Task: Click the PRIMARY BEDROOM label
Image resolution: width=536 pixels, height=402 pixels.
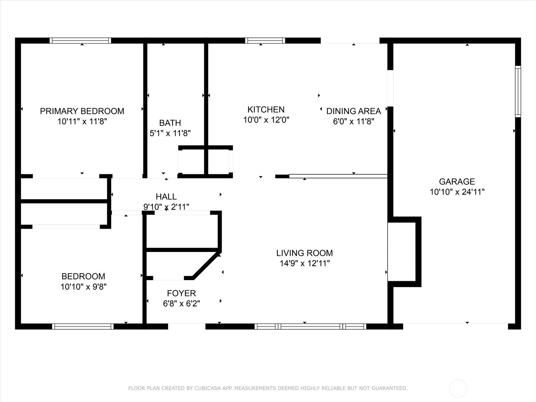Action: coord(82,111)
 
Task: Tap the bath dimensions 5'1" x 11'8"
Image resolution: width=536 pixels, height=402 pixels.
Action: coord(170,133)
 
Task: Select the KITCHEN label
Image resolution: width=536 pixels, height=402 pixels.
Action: coord(266,110)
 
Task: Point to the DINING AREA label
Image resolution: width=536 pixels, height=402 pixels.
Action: coord(353,111)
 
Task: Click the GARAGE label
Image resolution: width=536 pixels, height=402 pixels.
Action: coord(457,182)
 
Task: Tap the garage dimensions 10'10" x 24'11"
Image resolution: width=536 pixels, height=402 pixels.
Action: coord(457,192)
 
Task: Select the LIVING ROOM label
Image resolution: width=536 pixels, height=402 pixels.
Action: coord(304,253)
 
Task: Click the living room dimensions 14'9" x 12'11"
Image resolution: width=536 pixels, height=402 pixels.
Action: coord(305,263)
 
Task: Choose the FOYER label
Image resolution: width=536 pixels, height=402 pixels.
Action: coord(181,293)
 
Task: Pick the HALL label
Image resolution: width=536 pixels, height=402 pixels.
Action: coord(166,197)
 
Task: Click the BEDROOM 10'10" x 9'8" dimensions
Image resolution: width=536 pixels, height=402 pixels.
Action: coord(83,287)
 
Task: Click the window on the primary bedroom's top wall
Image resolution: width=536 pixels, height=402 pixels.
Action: coord(80,41)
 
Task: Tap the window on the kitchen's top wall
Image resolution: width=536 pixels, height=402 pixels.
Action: coord(265,41)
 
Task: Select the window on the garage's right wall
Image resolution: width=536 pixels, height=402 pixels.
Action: coord(518,91)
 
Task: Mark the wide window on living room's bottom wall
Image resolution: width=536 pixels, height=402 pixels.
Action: coord(310,326)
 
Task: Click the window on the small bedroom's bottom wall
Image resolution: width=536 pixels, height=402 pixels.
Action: coord(83,326)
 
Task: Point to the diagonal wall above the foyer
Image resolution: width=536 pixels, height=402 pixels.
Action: coord(206,265)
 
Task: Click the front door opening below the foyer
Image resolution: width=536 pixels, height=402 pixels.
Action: coord(187,326)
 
